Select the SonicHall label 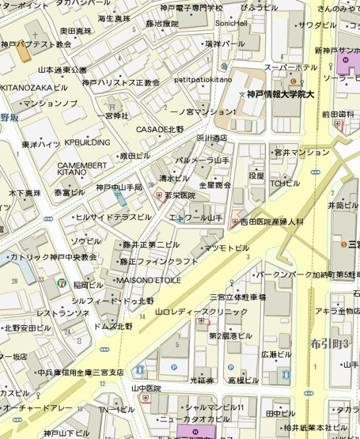click(231, 23)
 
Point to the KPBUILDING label click(87, 142)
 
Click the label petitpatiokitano click(203, 80)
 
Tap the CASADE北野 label click(160, 129)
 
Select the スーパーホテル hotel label click(290, 67)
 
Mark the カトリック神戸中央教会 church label click(53, 257)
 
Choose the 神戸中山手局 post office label click(119, 187)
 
